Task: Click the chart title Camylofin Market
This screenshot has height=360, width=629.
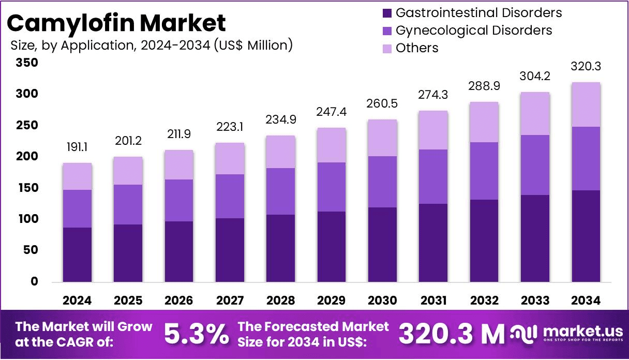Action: pyautogui.click(x=117, y=23)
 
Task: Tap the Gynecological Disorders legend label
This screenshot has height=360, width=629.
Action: pyautogui.click(x=474, y=30)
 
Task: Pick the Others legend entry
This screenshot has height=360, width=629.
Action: pyautogui.click(x=416, y=48)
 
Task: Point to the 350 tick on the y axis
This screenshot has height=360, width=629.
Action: pyautogui.click(x=27, y=63)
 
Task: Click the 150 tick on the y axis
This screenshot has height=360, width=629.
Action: pyautogui.click(x=27, y=188)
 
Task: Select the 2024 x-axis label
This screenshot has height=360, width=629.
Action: pyautogui.click(x=77, y=301)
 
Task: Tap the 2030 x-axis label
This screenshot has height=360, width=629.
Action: pyautogui.click(x=382, y=301)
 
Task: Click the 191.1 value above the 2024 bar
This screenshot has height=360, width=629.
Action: pyautogui.click(x=77, y=147)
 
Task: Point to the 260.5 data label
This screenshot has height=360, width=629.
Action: pyautogui.click(x=382, y=104)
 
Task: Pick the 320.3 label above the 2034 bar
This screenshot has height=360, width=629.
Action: pyautogui.click(x=586, y=67)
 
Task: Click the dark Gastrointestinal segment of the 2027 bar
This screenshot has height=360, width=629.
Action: pyautogui.click(x=230, y=250)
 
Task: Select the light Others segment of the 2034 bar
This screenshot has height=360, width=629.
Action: pyautogui.click(x=586, y=104)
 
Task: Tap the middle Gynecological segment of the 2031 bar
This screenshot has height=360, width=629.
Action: pyautogui.click(x=433, y=176)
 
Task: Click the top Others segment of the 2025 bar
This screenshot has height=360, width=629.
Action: pyautogui.click(x=128, y=171)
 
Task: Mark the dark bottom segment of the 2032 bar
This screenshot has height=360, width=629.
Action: pyautogui.click(x=484, y=241)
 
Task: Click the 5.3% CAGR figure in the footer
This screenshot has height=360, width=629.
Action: pyautogui.click(x=196, y=334)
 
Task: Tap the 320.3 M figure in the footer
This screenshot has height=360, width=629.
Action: pyautogui.click(x=451, y=334)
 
